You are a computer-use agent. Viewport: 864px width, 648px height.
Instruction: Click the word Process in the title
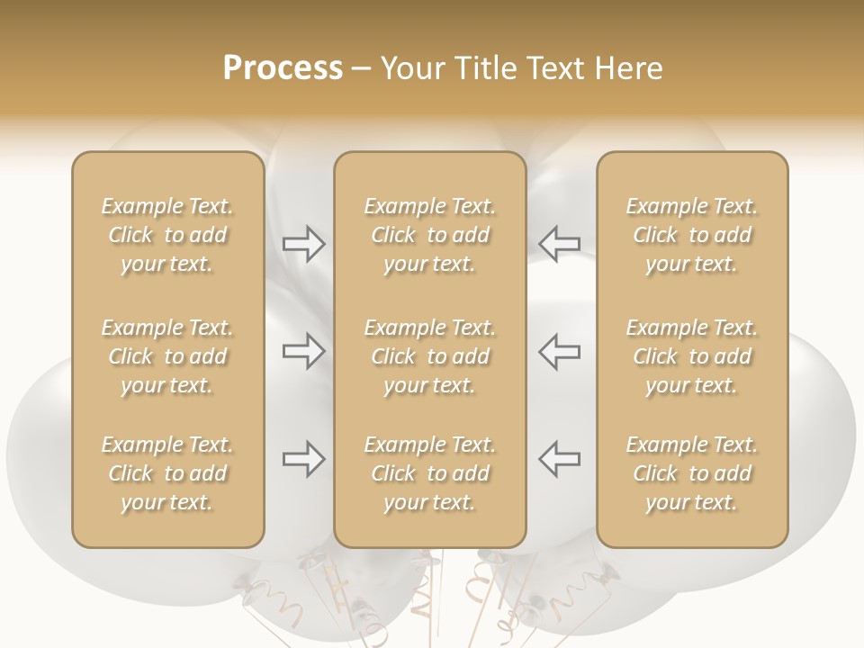click(x=283, y=68)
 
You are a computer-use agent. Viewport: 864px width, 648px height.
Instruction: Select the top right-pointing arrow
click(x=303, y=244)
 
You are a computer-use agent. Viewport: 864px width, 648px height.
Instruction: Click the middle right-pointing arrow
click(x=303, y=350)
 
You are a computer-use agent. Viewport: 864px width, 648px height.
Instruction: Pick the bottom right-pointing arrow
click(x=303, y=459)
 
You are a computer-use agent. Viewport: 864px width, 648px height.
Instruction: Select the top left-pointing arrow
click(x=560, y=244)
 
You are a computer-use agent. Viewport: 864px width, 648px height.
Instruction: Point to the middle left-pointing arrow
click(x=560, y=350)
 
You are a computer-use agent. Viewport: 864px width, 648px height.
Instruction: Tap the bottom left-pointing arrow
click(x=560, y=459)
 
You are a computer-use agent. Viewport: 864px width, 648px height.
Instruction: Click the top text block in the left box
click(x=167, y=235)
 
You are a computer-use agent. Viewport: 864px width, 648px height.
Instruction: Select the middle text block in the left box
click(x=167, y=356)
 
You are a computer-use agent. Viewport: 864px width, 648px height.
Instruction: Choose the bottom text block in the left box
click(x=167, y=473)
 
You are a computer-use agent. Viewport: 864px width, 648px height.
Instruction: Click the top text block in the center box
click(x=430, y=235)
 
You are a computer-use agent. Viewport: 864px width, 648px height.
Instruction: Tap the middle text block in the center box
click(x=430, y=356)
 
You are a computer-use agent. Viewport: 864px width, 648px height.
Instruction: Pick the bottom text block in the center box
click(x=430, y=473)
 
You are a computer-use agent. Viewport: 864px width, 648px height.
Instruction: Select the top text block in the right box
click(x=692, y=235)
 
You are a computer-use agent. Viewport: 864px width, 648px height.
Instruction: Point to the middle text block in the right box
click(x=692, y=356)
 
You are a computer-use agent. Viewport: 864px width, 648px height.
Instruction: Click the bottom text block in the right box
click(x=692, y=473)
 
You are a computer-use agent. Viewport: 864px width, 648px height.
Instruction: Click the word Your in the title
click(x=412, y=68)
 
